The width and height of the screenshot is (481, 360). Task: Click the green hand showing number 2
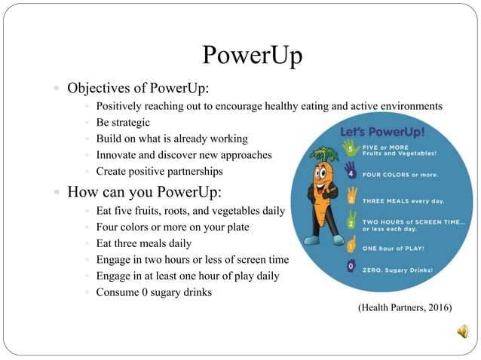click(x=351, y=223)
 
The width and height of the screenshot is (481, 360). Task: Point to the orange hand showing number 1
click(x=351, y=246)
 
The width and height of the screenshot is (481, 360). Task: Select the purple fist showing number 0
click(x=350, y=266)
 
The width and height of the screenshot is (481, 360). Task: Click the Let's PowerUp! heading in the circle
click(x=382, y=133)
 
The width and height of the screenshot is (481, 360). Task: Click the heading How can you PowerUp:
click(x=144, y=191)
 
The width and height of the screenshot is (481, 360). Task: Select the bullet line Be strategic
click(x=123, y=122)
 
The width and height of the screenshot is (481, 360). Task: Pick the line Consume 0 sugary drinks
click(x=154, y=292)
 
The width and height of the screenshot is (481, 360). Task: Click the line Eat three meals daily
click(x=143, y=243)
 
